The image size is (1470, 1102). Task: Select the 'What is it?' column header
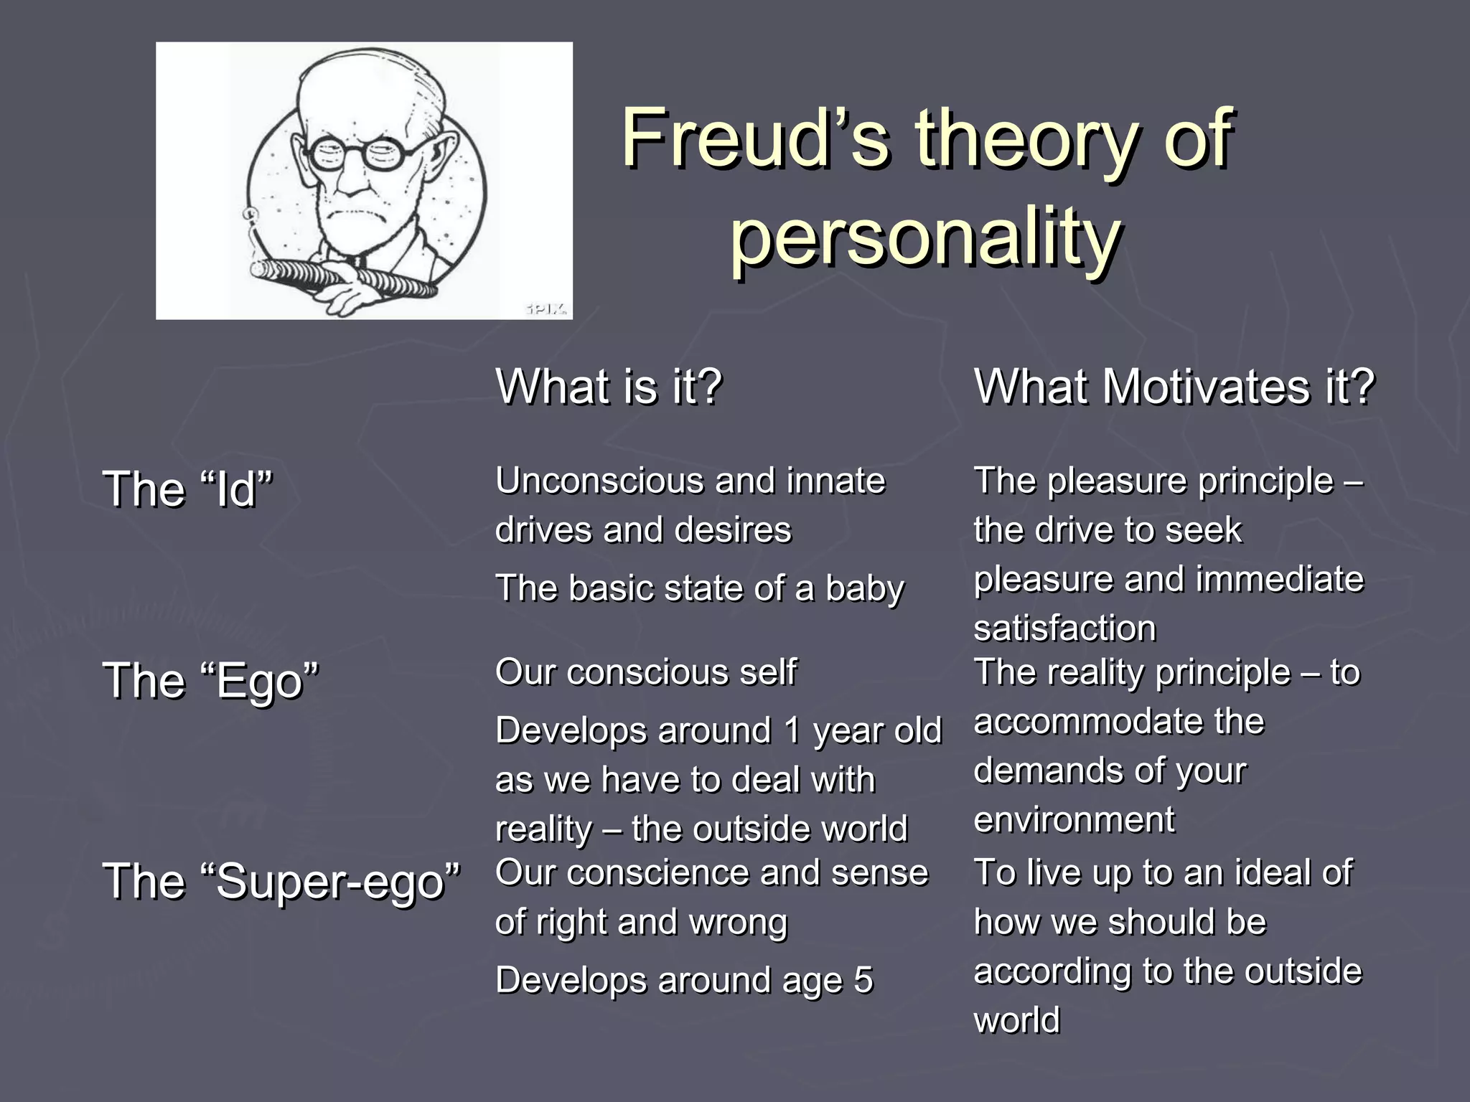point(609,387)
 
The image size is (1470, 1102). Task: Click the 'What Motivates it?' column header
point(1174,387)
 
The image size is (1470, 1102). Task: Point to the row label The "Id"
point(188,489)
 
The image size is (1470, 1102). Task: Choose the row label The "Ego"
point(211,680)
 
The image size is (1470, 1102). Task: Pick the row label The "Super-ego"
point(281,881)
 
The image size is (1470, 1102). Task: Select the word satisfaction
point(1064,628)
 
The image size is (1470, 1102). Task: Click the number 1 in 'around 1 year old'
point(792,731)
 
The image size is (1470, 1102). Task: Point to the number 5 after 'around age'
point(863,980)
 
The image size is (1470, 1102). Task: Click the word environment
point(1074,819)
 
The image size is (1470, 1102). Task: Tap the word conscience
point(656,873)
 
